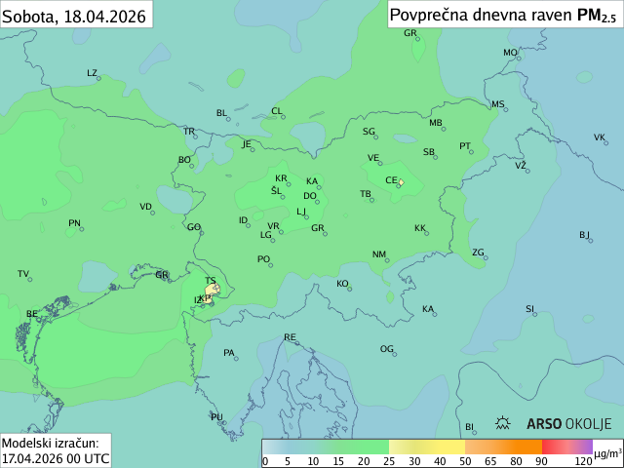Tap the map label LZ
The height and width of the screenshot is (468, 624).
point(92,73)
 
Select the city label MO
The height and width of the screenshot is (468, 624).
point(509,53)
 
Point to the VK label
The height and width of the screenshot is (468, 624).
point(599,137)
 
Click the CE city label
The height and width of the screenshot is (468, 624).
point(390,180)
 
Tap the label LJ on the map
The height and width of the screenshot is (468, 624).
point(301,212)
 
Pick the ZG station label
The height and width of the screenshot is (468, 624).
point(478,253)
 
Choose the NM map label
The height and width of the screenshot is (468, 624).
point(378,254)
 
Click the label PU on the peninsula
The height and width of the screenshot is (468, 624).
point(216,417)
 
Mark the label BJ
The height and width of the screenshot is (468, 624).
point(584,235)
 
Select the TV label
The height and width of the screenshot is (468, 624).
point(23,274)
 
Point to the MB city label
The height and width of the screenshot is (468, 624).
point(435,123)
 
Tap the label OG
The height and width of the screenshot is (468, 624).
point(386,349)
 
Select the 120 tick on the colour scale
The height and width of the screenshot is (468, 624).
point(583,461)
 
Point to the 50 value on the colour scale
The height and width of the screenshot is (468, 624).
point(465,461)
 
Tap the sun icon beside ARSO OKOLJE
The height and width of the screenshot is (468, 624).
point(504,423)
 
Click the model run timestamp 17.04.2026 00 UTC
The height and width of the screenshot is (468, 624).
point(56,457)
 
